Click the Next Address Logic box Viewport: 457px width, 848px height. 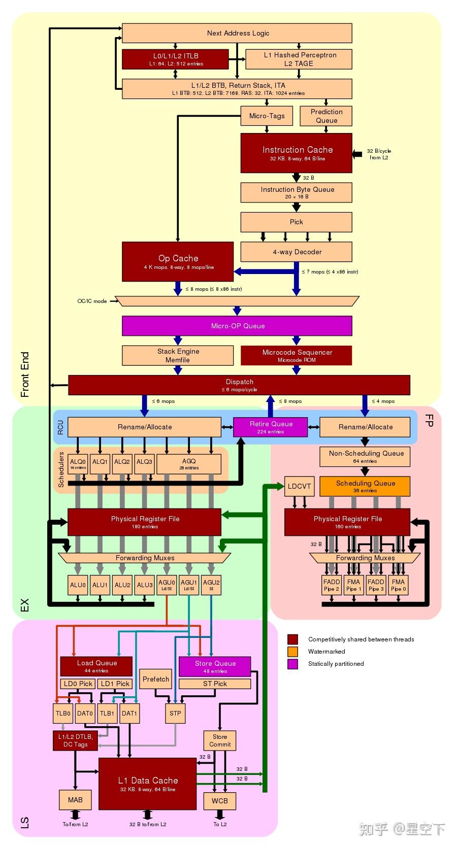click(x=237, y=33)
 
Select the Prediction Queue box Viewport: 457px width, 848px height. click(x=327, y=116)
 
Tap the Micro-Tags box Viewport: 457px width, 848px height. click(x=267, y=116)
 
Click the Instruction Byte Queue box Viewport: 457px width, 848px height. click(x=297, y=192)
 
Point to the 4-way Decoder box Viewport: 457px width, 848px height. click(x=297, y=252)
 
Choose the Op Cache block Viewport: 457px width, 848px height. click(x=178, y=261)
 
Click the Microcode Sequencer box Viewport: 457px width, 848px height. click(x=297, y=355)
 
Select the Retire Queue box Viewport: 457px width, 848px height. click(x=271, y=427)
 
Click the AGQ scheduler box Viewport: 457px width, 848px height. click(x=188, y=463)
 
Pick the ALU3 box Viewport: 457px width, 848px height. click(x=145, y=585)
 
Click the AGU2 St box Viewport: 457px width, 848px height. click(x=211, y=585)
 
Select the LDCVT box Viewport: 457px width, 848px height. click(x=299, y=486)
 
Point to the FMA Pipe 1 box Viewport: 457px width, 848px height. click(x=353, y=585)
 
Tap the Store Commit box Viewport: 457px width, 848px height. click(x=219, y=740)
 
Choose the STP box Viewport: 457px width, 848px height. click(x=175, y=713)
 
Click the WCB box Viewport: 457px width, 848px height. click(x=219, y=800)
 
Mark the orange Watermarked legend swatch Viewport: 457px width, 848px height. click(x=292, y=652)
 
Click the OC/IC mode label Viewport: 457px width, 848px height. click(x=92, y=301)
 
